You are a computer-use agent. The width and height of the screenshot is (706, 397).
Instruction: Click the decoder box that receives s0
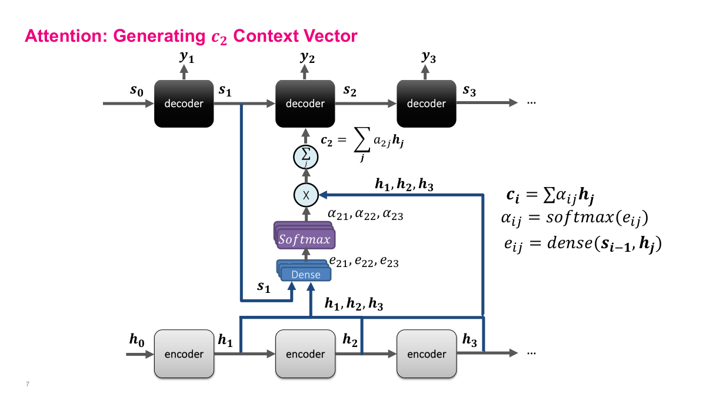(x=183, y=104)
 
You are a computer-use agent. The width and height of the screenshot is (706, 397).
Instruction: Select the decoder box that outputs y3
(x=426, y=104)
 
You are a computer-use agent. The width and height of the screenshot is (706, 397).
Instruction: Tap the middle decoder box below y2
(x=305, y=104)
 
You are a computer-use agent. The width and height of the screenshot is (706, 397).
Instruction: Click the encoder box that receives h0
(x=183, y=353)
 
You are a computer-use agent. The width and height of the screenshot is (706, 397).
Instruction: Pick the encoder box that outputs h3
(x=426, y=353)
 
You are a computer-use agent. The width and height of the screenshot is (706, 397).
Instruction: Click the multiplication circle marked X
(x=305, y=194)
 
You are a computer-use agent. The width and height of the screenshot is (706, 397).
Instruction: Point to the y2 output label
(x=307, y=57)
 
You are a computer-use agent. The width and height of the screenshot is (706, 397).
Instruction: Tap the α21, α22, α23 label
(x=365, y=215)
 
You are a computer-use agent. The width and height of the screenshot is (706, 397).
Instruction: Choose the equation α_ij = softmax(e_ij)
(x=574, y=219)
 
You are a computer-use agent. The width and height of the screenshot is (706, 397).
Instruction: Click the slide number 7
(x=28, y=384)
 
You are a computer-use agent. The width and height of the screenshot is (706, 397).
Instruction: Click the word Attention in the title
(x=65, y=36)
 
